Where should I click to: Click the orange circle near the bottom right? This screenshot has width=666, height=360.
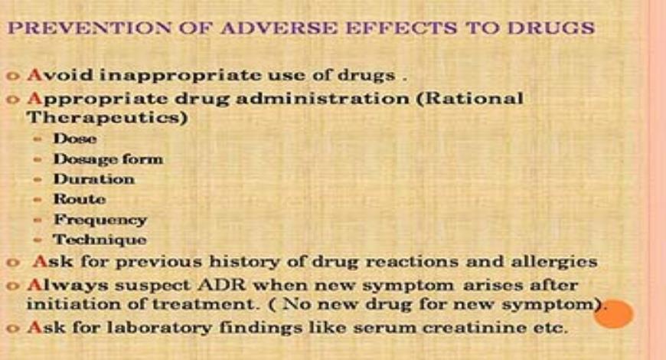pyautogui.click(x=613, y=313)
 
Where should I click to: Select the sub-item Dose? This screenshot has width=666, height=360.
pyautogui.click(x=75, y=139)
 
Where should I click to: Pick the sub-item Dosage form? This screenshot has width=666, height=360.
pyautogui.click(x=108, y=159)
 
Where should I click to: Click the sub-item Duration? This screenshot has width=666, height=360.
pyautogui.click(x=93, y=179)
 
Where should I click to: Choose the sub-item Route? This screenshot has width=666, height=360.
pyautogui.click(x=80, y=199)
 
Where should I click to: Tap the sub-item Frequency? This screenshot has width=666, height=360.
pyautogui.click(x=100, y=220)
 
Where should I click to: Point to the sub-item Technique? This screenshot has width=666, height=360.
pyautogui.click(x=100, y=240)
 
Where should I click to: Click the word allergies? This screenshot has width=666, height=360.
pyautogui.click(x=553, y=261)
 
